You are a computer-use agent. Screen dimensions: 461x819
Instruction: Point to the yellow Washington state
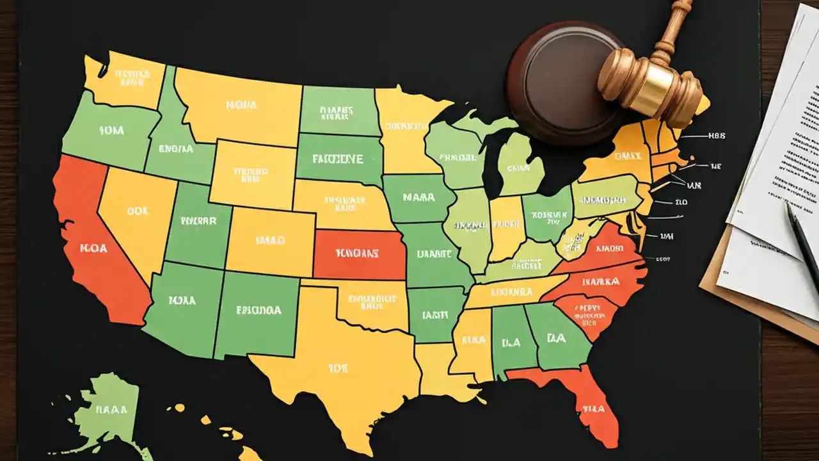point(125,80)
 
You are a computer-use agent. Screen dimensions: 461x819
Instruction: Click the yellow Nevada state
point(134,214)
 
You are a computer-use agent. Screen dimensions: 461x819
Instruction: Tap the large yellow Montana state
point(240,106)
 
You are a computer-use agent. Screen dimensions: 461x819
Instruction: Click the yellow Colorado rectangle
point(270,241)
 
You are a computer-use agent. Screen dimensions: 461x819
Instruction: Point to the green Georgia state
point(557,339)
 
